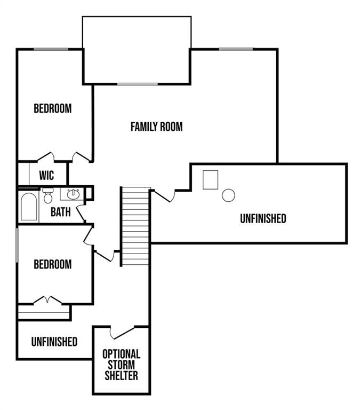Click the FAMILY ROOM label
[x=156, y=127]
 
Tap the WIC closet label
[x=46, y=175]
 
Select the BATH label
[x=60, y=212]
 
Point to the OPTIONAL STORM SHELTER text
[x=121, y=365]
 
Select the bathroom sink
[x=73, y=193]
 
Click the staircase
[x=135, y=226]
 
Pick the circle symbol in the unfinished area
[x=228, y=195]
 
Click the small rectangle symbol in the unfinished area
[x=211, y=179]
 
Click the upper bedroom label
[x=52, y=108]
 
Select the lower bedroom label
[x=52, y=264]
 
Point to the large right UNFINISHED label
[x=262, y=218]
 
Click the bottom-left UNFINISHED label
[x=54, y=342]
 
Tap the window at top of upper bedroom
[x=51, y=50]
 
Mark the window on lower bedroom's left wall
[x=18, y=244]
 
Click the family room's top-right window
[x=236, y=50]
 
